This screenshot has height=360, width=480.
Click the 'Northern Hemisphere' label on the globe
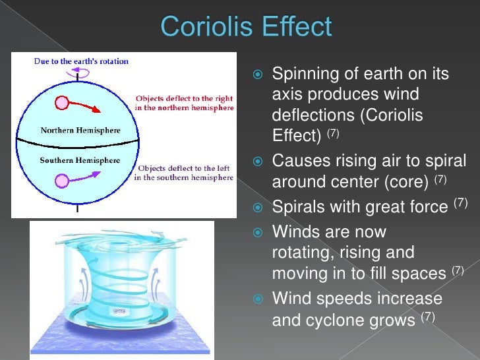(x=80, y=130)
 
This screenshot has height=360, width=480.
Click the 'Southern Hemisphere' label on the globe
(x=80, y=160)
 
